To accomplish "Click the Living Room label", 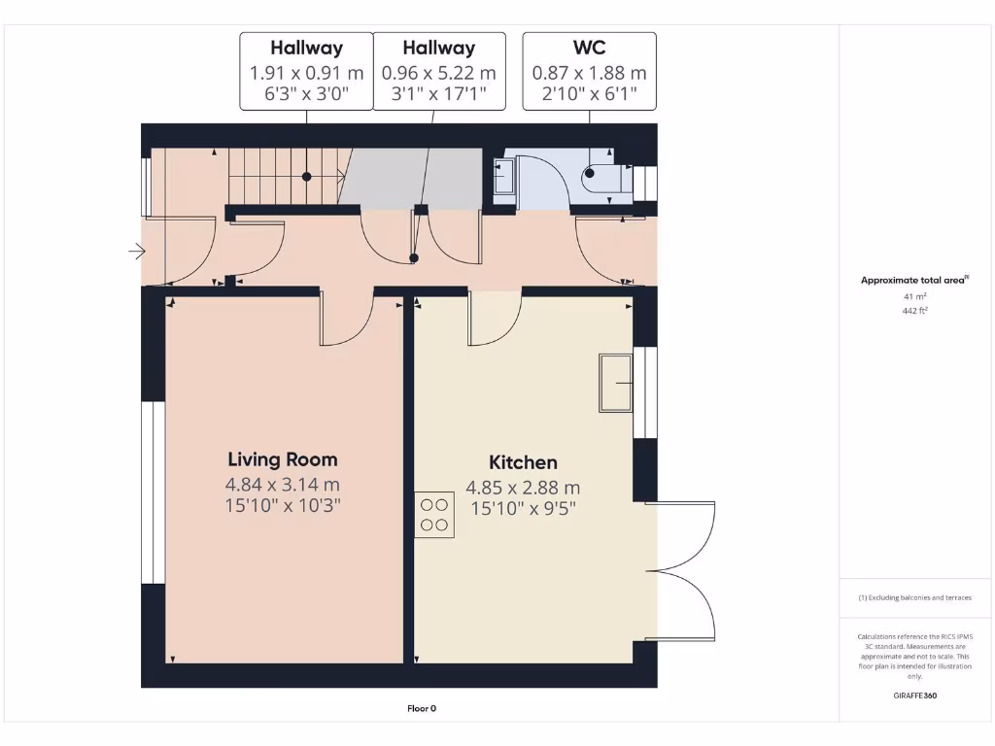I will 283,459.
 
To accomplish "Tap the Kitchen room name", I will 523,462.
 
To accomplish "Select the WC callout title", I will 589,48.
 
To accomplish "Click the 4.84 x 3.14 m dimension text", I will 283,485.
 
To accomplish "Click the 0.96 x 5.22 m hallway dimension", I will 439,73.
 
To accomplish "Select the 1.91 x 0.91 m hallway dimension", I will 306,73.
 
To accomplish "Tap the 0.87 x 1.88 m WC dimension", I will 589,73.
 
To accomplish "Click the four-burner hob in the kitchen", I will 434,515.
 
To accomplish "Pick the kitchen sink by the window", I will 616,383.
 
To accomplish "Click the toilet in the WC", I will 603,176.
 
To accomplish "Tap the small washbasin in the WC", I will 503,177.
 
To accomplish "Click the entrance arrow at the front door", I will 136,253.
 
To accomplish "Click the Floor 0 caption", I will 422,708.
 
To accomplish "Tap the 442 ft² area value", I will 916,311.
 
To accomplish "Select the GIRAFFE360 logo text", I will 915,695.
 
